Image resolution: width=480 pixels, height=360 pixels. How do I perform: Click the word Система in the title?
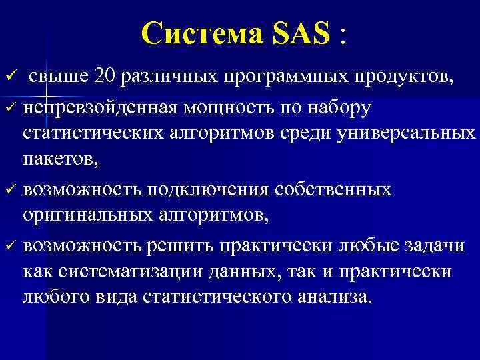(202, 32)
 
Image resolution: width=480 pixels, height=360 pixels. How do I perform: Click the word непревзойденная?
(99, 107)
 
